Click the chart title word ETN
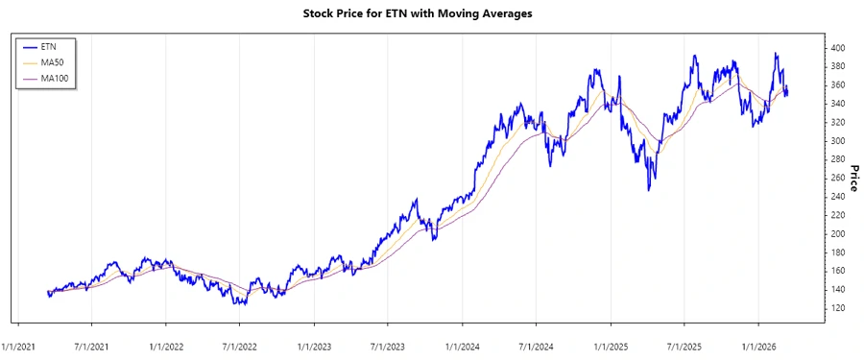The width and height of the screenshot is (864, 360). point(405,14)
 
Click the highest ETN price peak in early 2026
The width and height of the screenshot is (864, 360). point(776,54)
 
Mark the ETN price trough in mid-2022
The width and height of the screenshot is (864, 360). point(240,304)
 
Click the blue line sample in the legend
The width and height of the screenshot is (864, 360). point(32,46)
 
